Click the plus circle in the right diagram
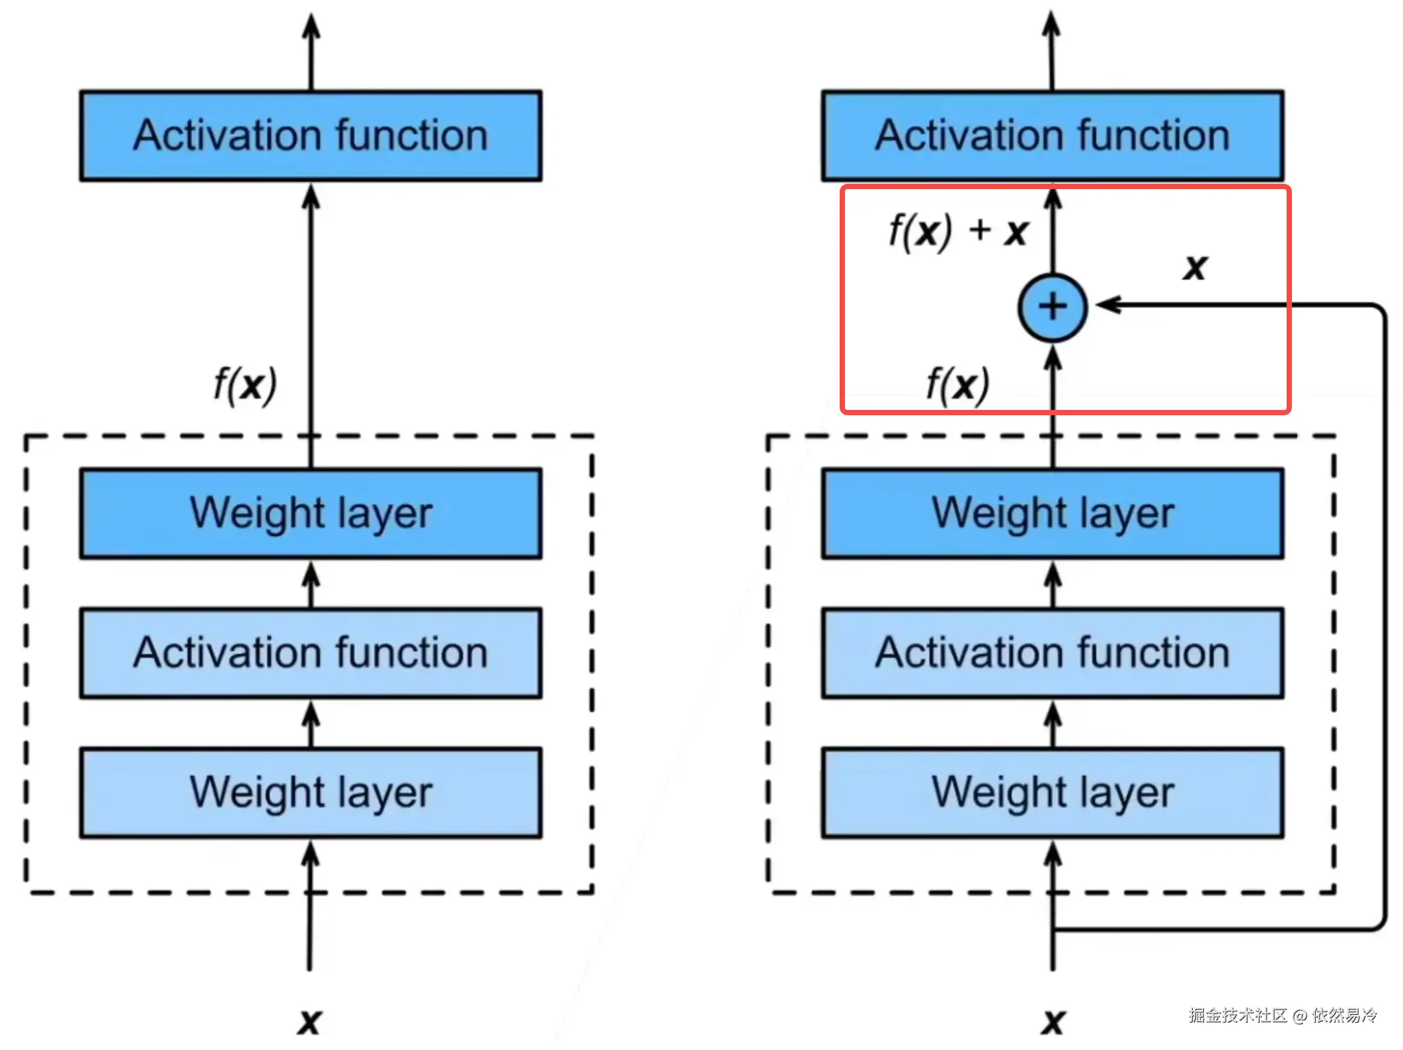click(x=1053, y=307)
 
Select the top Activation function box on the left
click(x=311, y=136)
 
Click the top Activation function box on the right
click(x=1053, y=136)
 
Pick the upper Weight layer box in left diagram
click(x=311, y=514)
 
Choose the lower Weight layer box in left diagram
click(x=311, y=793)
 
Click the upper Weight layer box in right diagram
click(x=1053, y=514)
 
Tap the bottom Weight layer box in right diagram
click(x=1053, y=793)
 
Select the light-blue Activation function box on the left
click(x=311, y=653)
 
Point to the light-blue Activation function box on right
click(x=1053, y=653)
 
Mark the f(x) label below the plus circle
click(x=957, y=385)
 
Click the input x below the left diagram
click(x=309, y=1022)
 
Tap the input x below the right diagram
click(x=1053, y=1022)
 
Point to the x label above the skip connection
click(x=1195, y=267)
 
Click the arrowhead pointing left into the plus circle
click(x=1108, y=305)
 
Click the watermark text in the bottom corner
click(x=1282, y=1015)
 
